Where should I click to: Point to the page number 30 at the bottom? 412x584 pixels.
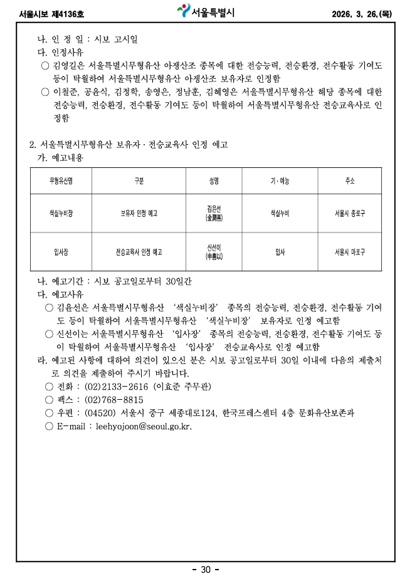click(206, 570)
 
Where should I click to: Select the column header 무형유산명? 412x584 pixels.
click(61, 181)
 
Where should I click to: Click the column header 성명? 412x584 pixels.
click(214, 181)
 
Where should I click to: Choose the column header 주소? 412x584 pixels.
click(349, 181)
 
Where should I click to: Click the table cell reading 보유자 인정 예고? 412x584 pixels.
click(139, 214)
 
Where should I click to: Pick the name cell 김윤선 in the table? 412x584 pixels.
click(214, 214)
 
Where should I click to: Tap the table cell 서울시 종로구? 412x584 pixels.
click(349, 214)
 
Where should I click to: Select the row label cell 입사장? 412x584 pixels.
click(61, 252)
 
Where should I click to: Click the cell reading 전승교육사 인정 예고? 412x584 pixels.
click(139, 252)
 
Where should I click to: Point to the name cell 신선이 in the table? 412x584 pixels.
click(214, 252)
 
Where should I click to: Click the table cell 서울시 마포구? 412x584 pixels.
click(349, 252)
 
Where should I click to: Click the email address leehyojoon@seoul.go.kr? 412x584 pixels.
click(144, 427)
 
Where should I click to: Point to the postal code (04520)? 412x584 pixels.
click(100, 413)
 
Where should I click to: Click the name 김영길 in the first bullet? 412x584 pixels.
click(65, 66)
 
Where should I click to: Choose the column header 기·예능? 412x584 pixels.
click(280, 181)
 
